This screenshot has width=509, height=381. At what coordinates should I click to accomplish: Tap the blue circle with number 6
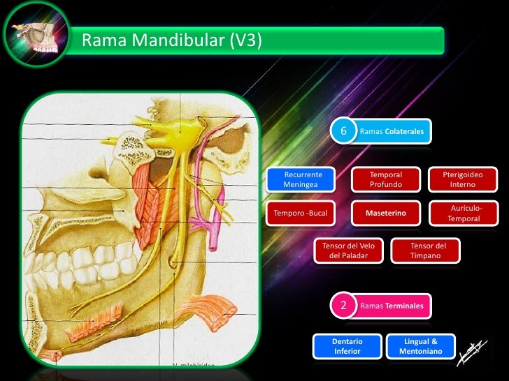[x=343, y=131]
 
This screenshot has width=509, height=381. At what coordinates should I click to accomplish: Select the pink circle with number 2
[x=343, y=306]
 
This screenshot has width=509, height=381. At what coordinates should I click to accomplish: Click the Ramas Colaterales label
[x=392, y=131]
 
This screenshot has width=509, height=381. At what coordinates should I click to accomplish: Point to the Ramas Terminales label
[x=392, y=306]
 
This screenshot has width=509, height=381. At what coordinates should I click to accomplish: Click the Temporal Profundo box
[x=385, y=179]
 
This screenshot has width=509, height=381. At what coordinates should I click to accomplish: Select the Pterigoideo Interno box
[x=462, y=179]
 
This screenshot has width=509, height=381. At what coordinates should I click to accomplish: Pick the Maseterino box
[x=385, y=213]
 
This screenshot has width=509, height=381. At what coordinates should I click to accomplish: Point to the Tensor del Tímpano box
[x=428, y=251]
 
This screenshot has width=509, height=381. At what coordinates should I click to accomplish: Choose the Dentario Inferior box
[x=347, y=346]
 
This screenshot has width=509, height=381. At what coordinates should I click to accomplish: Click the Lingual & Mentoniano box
[x=420, y=346]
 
